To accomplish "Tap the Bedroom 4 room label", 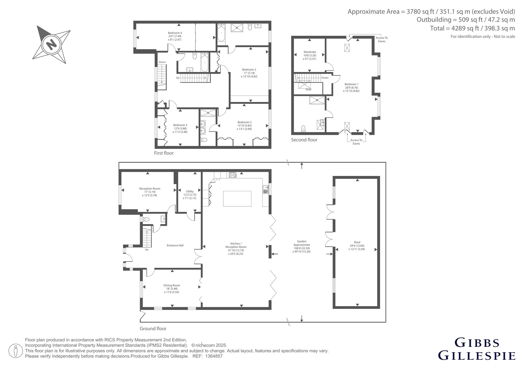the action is coord(175,33).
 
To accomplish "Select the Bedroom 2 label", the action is coord(249,70).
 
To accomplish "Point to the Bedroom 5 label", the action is coord(180,125).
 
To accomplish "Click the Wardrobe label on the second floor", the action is coord(309,52).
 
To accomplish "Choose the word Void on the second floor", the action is coord(308,90).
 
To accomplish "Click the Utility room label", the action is coord(190,191).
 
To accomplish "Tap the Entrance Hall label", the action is coord(175,245).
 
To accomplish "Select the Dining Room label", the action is coord(172,285).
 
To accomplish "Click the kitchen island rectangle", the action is coord(237,199).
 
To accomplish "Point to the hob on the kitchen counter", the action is coord(233,175).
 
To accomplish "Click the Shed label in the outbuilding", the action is coord(357,242).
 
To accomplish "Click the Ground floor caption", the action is coord(153,329).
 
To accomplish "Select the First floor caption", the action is coord(164,153).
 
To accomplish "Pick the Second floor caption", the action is coord(304,140).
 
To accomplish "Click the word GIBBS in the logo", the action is coord(477,343).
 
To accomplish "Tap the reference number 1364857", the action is coord(214,356).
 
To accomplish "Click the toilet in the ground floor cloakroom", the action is coord(146,219).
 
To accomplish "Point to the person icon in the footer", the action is coord(16,351).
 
